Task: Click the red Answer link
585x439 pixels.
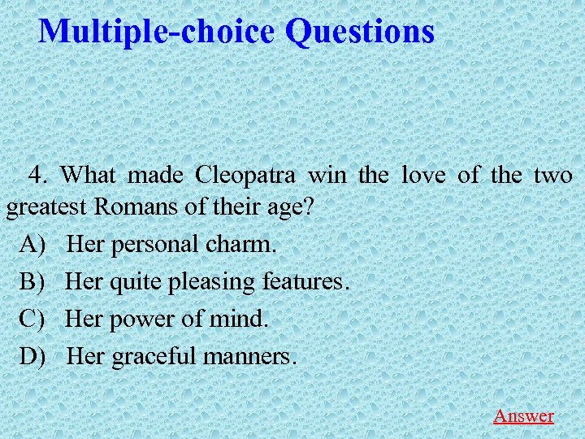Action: click(x=523, y=415)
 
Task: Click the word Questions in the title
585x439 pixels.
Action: click(x=360, y=32)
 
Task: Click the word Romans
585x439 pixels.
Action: click(x=137, y=206)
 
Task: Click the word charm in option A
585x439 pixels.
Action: click(x=245, y=243)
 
